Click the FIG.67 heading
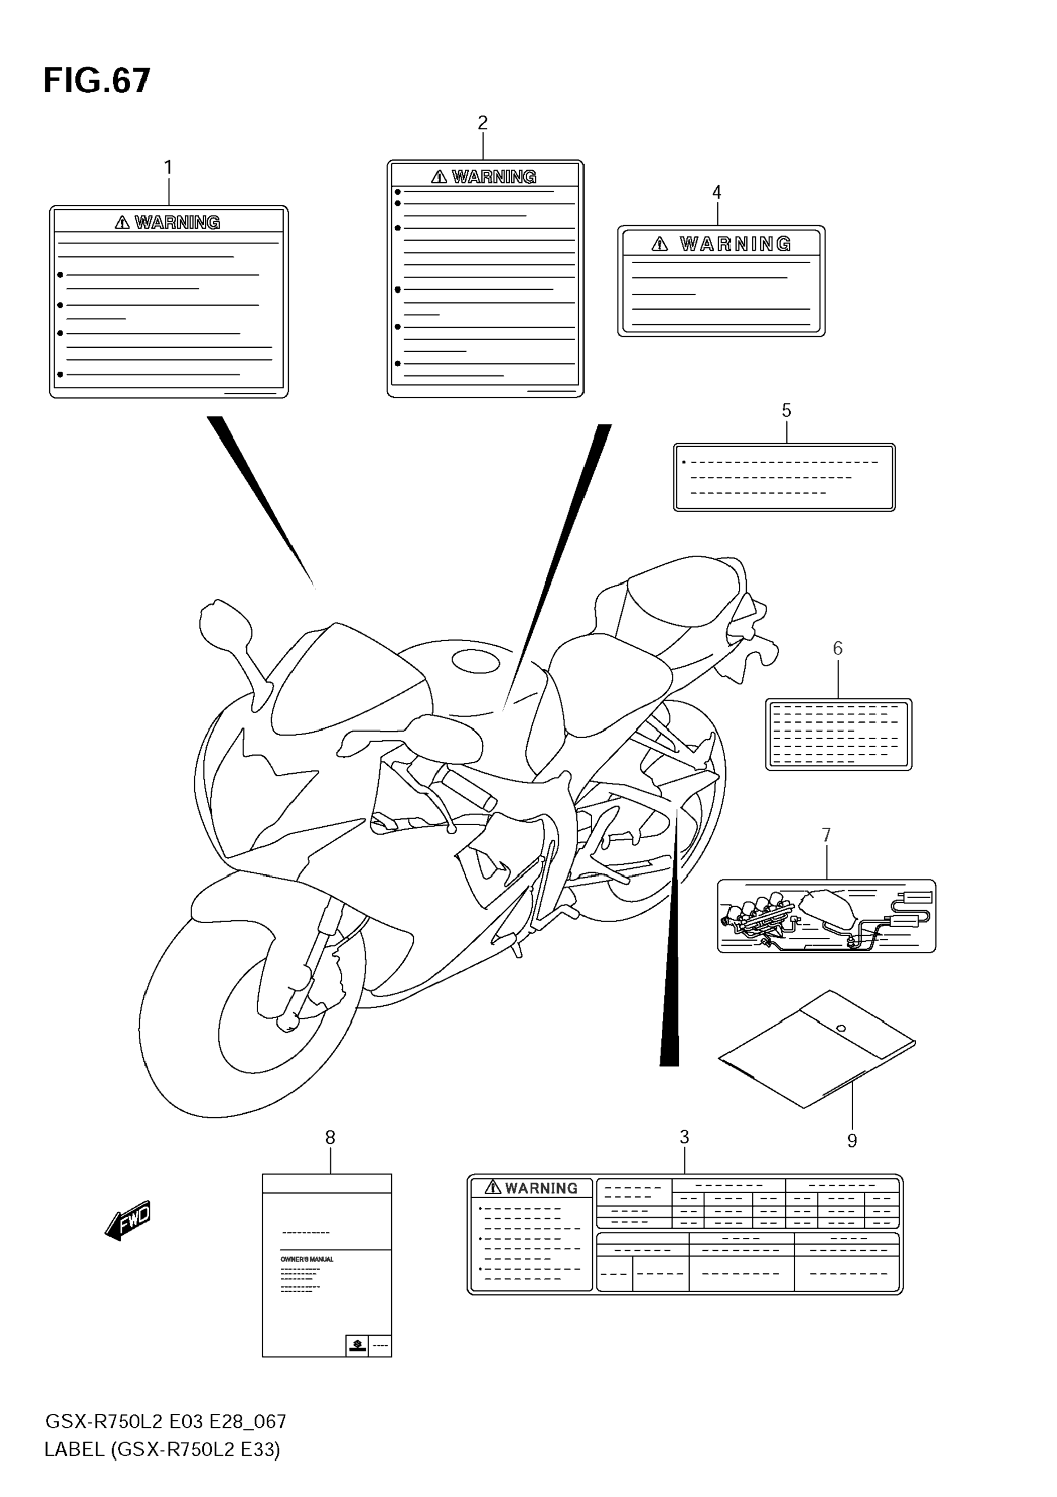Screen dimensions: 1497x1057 [96, 82]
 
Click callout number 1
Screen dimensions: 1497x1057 [168, 168]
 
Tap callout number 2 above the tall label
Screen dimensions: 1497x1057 [482, 123]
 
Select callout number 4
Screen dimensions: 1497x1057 [717, 192]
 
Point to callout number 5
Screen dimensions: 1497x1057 [786, 410]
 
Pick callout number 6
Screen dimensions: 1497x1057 [838, 648]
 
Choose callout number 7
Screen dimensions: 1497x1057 [826, 835]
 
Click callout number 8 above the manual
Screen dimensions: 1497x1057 [330, 1138]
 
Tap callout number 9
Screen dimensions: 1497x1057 [851, 1140]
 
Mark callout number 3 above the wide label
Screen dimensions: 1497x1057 [684, 1137]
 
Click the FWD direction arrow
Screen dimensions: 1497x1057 [129, 1219]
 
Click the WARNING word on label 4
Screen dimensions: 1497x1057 [735, 244]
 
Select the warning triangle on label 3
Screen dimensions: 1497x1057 [493, 1187]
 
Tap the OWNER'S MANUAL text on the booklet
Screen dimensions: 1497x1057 [306, 1259]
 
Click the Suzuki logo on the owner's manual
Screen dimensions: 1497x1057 [357, 1344]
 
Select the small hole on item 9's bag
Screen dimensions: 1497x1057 [841, 1029]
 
